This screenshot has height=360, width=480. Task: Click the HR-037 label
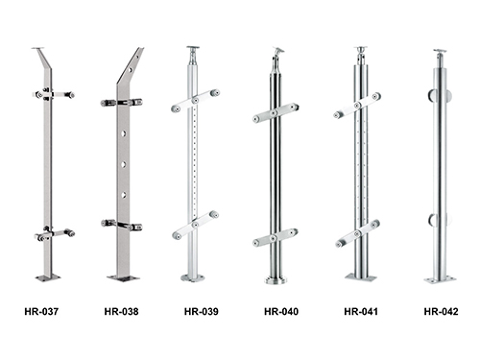tap(41, 311)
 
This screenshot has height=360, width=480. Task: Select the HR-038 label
tap(121, 311)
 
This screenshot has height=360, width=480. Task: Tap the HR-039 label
tap(202, 311)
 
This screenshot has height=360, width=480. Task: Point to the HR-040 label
tap(281, 311)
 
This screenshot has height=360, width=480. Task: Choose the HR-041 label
tap(361, 311)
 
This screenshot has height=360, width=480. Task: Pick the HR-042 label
tap(441, 311)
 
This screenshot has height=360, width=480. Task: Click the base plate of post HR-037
tap(48, 277)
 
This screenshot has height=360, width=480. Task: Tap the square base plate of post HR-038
tap(124, 278)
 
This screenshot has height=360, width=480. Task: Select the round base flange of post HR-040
tap(276, 280)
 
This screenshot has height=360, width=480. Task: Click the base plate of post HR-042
tap(440, 280)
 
